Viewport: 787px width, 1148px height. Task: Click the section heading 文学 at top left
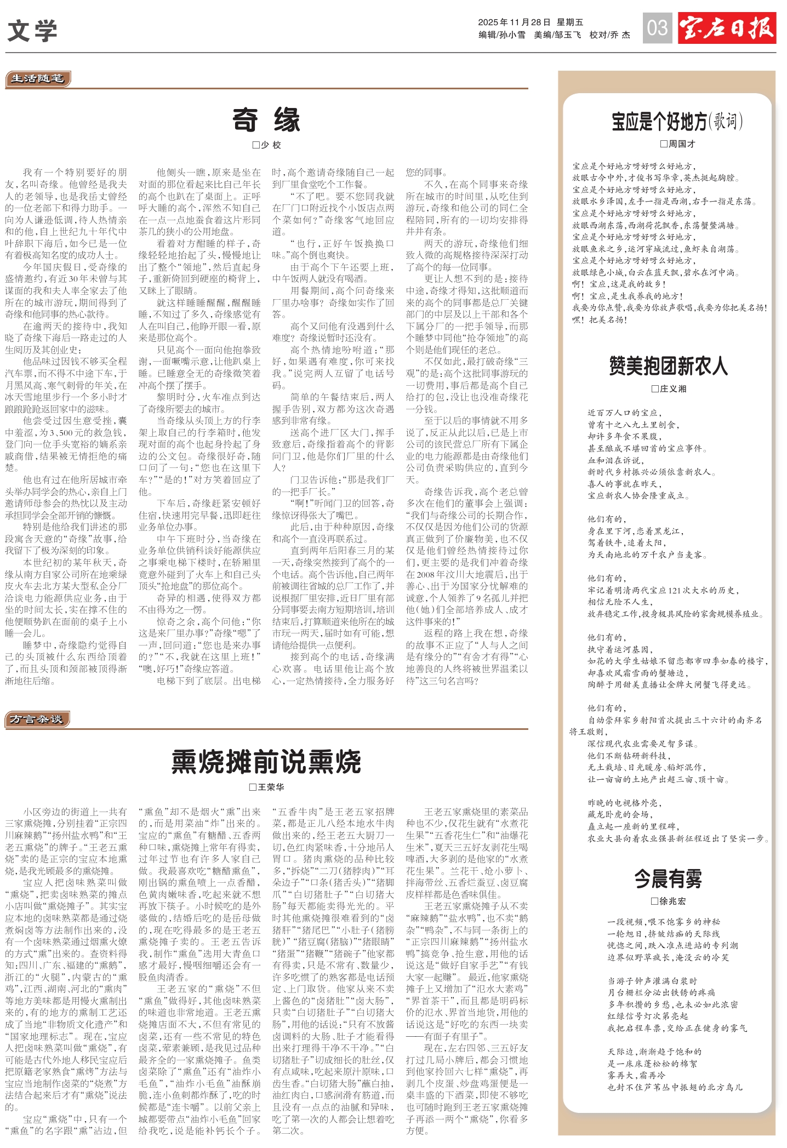(32, 31)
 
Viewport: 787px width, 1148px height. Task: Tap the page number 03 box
(657, 27)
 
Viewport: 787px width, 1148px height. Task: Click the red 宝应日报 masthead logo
(727, 27)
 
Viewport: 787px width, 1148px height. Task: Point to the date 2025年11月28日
(514, 22)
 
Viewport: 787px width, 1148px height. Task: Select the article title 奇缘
(266, 120)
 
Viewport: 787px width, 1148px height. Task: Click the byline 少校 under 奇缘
(267, 145)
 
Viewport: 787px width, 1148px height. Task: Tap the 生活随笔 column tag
(37, 79)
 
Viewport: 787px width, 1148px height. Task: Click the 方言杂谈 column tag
(37, 719)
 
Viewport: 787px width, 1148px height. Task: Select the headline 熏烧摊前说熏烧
(266, 761)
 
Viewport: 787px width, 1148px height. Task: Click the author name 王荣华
(267, 787)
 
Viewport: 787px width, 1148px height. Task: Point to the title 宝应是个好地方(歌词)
(677, 121)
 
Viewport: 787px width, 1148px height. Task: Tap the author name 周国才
(677, 144)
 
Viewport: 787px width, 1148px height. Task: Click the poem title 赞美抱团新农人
(668, 365)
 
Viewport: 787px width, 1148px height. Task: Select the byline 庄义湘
(669, 389)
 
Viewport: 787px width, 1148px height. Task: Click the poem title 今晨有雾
(668, 878)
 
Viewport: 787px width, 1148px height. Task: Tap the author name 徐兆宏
(668, 901)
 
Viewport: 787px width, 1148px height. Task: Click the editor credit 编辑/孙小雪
(501, 35)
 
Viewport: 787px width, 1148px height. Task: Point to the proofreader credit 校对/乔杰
(609, 35)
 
